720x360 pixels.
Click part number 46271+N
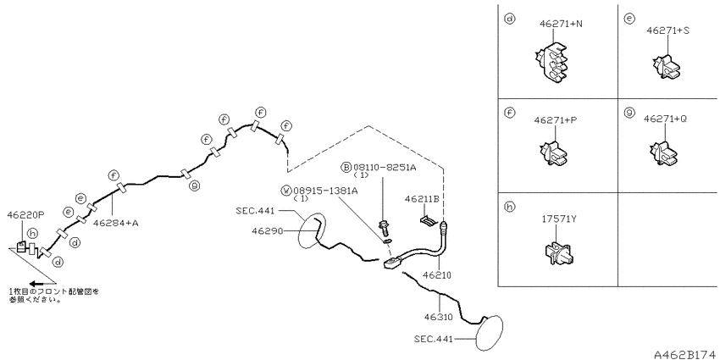(561, 24)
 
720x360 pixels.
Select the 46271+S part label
(668, 30)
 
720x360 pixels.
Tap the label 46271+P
(556, 119)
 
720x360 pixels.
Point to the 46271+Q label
(665, 119)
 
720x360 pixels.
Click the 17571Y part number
(558, 219)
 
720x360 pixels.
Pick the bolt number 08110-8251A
(385, 168)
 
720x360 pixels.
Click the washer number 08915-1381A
(325, 191)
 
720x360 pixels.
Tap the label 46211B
(422, 199)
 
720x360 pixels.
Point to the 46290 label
(266, 230)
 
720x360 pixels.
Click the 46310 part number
(439, 317)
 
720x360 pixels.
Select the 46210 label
(437, 275)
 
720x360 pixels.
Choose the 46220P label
(25, 214)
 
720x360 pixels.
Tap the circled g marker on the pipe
(195, 186)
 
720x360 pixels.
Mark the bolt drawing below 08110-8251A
(382, 229)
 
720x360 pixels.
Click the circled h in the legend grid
(509, 207)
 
